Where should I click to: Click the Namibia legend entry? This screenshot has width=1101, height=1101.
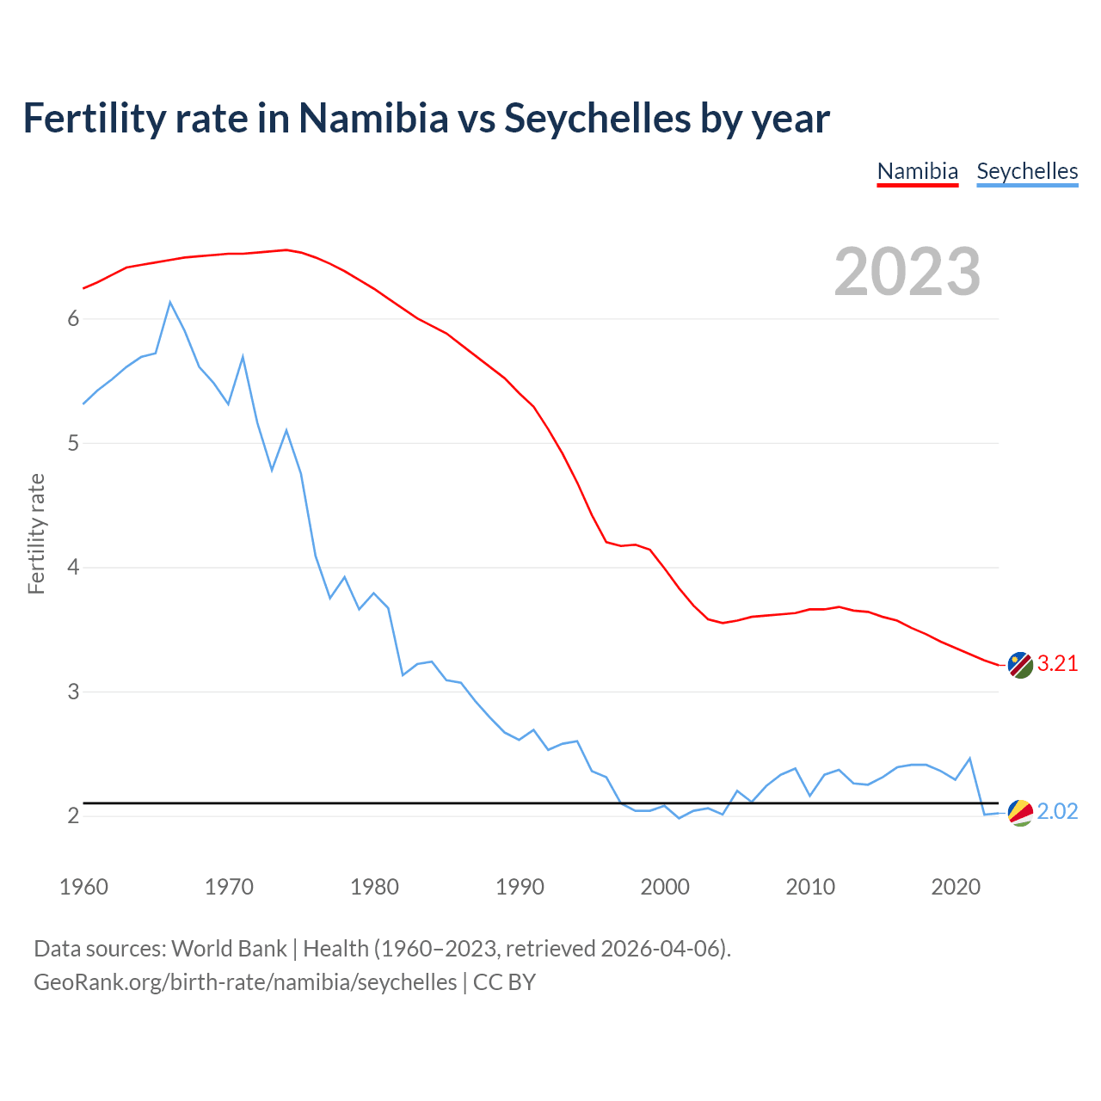click(917, 171)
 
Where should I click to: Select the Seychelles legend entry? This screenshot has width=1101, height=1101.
click(1027, 171)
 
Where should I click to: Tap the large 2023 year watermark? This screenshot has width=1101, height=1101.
click(907, 272)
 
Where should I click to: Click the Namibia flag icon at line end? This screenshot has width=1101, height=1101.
click(1020, 665)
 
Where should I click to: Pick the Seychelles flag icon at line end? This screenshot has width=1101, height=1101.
click(1020, 812)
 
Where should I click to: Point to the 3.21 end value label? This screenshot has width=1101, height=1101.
click(1057, 663)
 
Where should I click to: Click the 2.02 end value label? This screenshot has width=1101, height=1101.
click(1057, 811)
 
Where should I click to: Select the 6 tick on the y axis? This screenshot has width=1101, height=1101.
click(73, 319)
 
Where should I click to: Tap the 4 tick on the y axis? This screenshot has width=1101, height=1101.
click(73, 568)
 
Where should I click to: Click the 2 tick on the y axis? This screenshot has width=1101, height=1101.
click(73, 815)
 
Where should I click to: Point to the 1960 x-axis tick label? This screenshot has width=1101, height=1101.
click(83, 887)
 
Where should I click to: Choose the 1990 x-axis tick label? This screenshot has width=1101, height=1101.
click(520, 887)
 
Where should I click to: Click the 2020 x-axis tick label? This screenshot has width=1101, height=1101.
click(956, 887)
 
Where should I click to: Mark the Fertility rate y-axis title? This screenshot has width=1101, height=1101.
click(36, 533)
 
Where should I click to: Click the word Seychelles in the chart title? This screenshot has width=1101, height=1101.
click(597, 118)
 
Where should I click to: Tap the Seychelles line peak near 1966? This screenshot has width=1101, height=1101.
click(170, 302)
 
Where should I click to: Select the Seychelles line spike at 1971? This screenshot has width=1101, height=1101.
click(243, 356)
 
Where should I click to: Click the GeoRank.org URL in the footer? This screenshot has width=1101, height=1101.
click(245, 982)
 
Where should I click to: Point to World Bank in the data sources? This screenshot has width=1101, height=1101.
click(229, 949)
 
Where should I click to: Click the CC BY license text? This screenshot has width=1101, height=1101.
click(504, 982)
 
